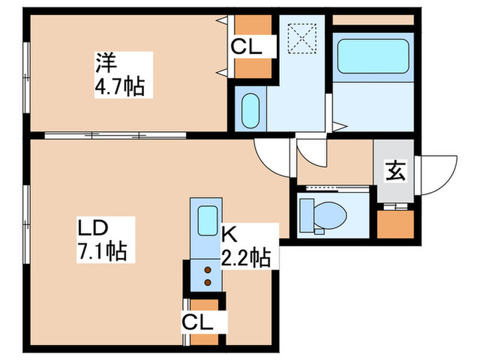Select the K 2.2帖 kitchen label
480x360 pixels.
pyautogui.click(x=245, y=249)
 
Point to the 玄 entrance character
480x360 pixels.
pyautogui.click(x=396, y=169)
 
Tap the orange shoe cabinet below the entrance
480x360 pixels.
pyautogui.click(x=396, y=223)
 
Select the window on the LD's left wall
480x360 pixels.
pyautogui.click(x=26, y=219)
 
